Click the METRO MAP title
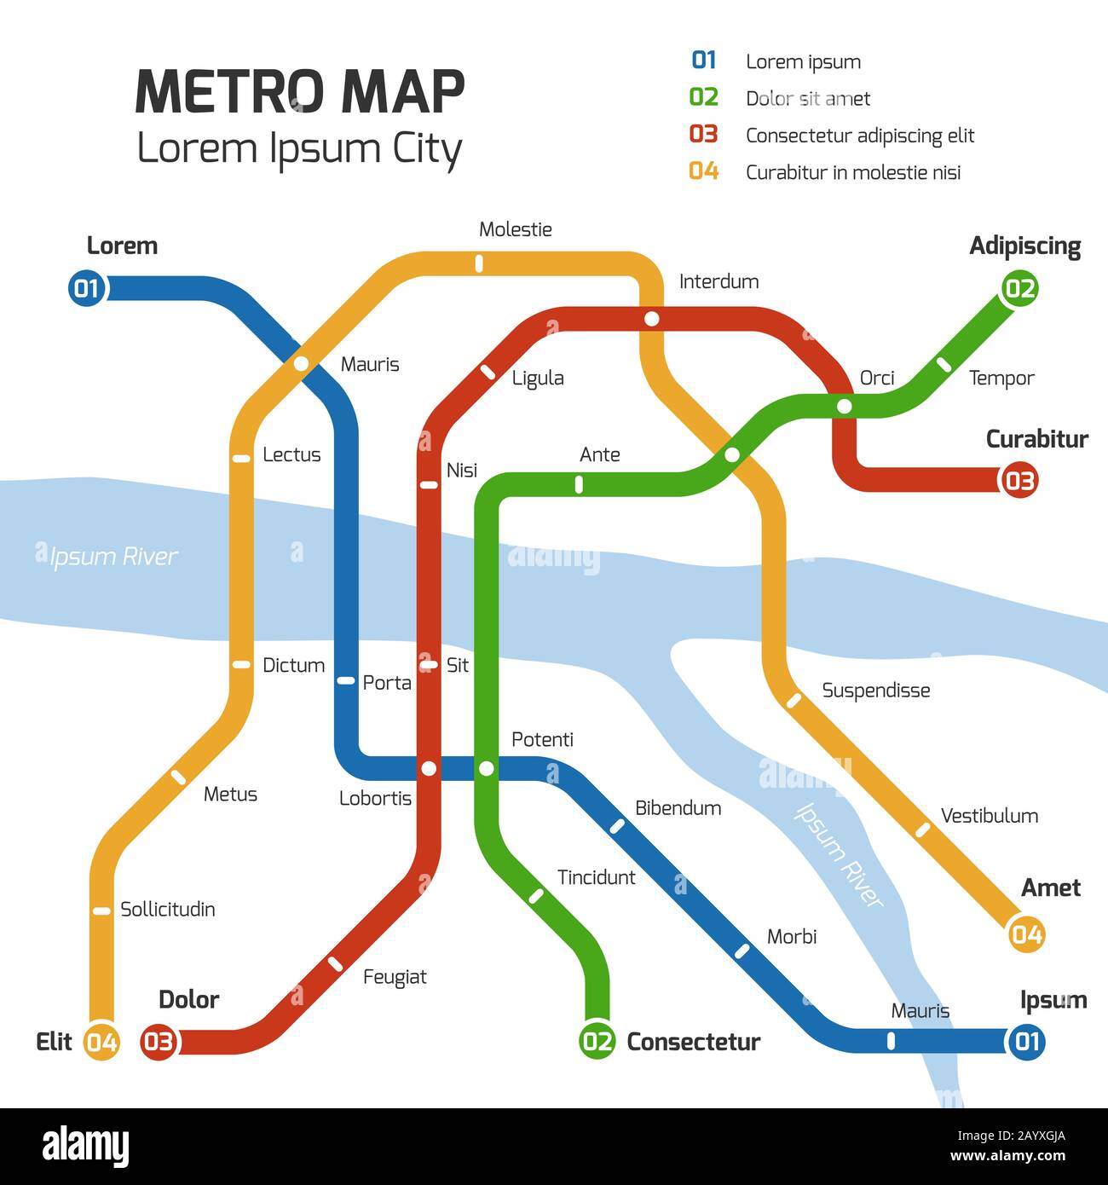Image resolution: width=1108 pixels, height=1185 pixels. coord(300,91)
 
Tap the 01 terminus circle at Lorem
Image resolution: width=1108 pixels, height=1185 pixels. coord(86,288)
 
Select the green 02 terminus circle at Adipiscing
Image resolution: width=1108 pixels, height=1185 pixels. coord(1019,288)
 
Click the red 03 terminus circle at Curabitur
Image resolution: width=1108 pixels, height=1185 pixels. coord(1019,481)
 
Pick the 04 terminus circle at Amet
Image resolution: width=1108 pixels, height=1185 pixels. coord(1026,934)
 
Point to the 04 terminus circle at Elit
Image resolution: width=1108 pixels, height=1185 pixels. coord(101,1042)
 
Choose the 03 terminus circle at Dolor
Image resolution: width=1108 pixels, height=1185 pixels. coord(159,1042)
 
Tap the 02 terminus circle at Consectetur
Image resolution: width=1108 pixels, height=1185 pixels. coord(597,1041)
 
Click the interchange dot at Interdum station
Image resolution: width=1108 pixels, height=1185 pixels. coord(652,319)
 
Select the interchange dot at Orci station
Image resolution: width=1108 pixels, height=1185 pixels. coord(844,407)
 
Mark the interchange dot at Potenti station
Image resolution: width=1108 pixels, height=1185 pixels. coord(486,769)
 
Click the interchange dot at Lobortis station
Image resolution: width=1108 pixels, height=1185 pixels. coord(429,769)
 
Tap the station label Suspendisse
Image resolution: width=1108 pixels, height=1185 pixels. coord(875,691)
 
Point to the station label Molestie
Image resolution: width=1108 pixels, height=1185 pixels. coord(515,229)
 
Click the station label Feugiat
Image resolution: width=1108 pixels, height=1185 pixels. coord(395,977)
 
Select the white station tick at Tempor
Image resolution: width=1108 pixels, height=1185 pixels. coord(944,364)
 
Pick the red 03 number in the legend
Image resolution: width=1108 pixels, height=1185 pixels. coord(704,135)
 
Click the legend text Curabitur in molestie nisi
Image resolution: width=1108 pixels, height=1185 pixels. coord(852,172)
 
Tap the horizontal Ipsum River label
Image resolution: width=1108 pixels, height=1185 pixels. coord(113,557)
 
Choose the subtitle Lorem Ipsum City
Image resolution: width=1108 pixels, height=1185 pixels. coord(299,148)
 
